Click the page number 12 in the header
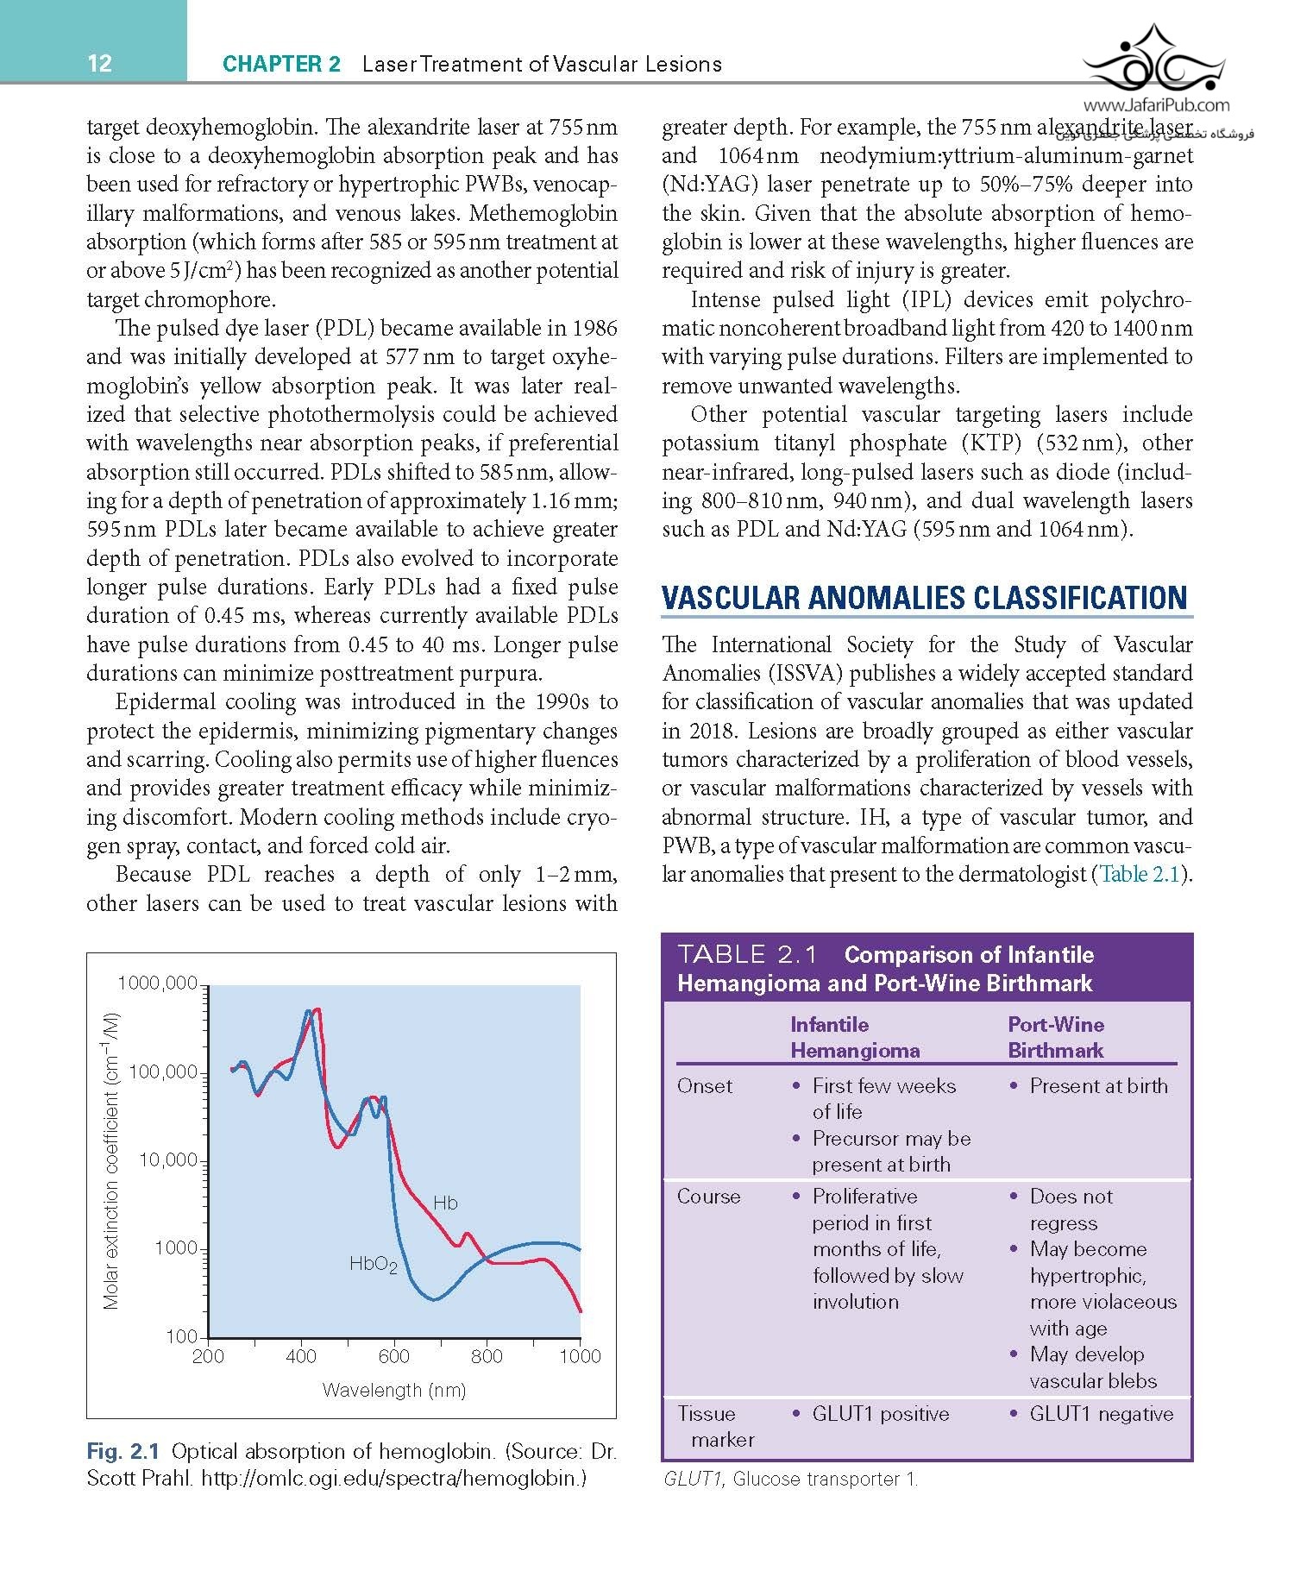(x=99, y=63)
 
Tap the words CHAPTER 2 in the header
(x=281, y=64)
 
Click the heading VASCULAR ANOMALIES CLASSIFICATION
(x=924, y=598)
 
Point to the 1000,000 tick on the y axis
(x=157, y=983)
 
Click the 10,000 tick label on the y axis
(x=168, y=1159)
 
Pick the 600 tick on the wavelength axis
(x=394, y=1356)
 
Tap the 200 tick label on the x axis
(x=208, y=1356)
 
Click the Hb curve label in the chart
(x=445, y=1203)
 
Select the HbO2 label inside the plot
(x=373, y=1265)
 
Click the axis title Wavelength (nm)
(x=393, y=1390)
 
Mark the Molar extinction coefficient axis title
(x=110, y=1159)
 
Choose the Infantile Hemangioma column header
(x=854, y=1037)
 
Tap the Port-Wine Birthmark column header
(x=1056, y=1037)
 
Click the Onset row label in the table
(x=704, y=1086)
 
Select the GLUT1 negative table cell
(x=1101, y=1414)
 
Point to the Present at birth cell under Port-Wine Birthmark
(x=1098, y=1086)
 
